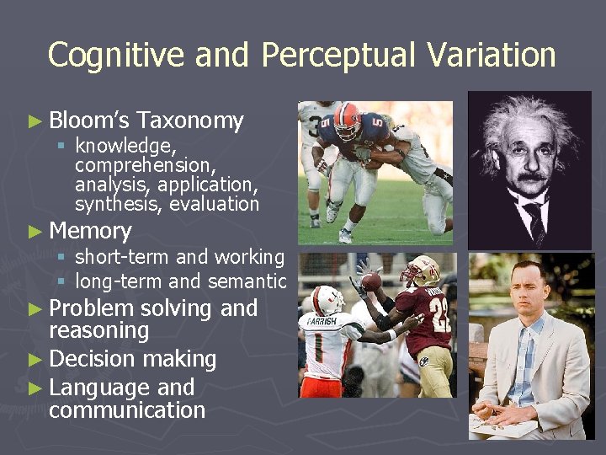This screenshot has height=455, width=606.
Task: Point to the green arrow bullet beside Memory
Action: (x=35, y=232)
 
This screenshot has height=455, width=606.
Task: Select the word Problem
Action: (x=92, y=308)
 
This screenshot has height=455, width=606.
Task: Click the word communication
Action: (x=127, y=410)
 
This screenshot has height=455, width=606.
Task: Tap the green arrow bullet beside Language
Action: (x=35, y=388)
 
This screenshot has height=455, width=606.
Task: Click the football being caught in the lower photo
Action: (x=371, y=281)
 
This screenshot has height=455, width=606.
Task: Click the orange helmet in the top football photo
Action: (x=347, y=120)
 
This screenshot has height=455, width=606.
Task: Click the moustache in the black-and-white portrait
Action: (x=529, y=179)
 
